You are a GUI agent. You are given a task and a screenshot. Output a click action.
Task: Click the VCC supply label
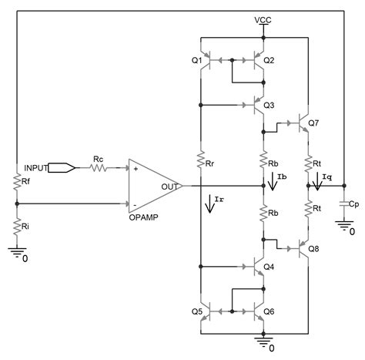coord(263,19)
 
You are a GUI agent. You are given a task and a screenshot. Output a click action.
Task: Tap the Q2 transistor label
coord(269,60)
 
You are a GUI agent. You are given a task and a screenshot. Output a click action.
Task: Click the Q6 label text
coord(269,311)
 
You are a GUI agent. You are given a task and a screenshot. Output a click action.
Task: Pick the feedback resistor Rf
coord(17,183)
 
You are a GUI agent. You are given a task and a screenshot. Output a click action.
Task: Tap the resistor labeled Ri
coord(17,229)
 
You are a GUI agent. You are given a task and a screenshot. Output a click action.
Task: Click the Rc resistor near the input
coord(99,167)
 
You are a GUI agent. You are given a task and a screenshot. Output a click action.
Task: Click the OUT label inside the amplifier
coord(169,186)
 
